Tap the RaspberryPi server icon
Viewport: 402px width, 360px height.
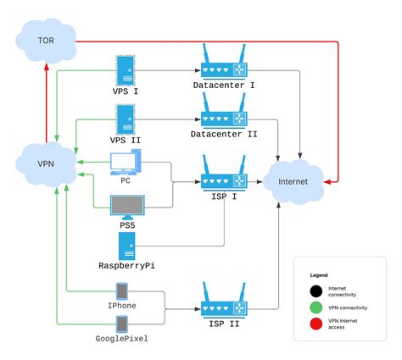[126, 246]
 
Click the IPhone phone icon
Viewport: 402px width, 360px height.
[121, 291]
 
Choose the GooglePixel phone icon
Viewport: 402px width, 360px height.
[121, 324]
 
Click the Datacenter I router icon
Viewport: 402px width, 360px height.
[224, 66]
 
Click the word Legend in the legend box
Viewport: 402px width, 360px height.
[318, 275]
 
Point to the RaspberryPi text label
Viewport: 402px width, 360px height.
[126, 265]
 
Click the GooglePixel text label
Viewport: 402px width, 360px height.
[122, 337]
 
